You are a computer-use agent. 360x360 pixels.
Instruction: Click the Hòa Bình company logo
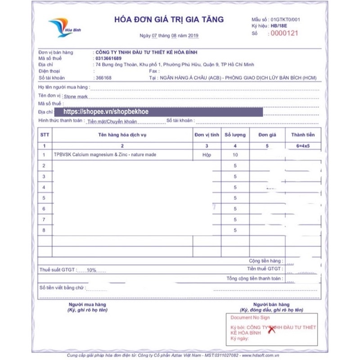tap(61, 27)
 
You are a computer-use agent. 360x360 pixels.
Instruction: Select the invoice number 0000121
tap(285, 33)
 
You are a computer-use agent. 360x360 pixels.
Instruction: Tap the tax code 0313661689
tap(108, 58)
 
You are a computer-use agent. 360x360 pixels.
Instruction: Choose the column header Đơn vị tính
tap(207, 135)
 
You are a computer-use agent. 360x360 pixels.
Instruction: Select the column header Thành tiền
tap(303, 135)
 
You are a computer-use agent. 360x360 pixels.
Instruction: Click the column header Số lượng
tap(235, 135)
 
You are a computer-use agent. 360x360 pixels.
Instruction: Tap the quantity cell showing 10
tap(235, 155)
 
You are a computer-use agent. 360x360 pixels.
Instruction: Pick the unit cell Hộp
tap(207, 155)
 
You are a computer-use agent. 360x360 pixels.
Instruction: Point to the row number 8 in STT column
tap(44, 230)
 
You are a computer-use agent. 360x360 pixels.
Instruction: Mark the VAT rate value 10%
tap(92, 270)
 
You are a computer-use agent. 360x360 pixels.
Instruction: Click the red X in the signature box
tap(271, 330)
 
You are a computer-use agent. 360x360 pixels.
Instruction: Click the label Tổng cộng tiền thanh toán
tap(255, 279)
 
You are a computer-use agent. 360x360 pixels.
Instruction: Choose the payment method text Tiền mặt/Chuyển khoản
tap(112, 121)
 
